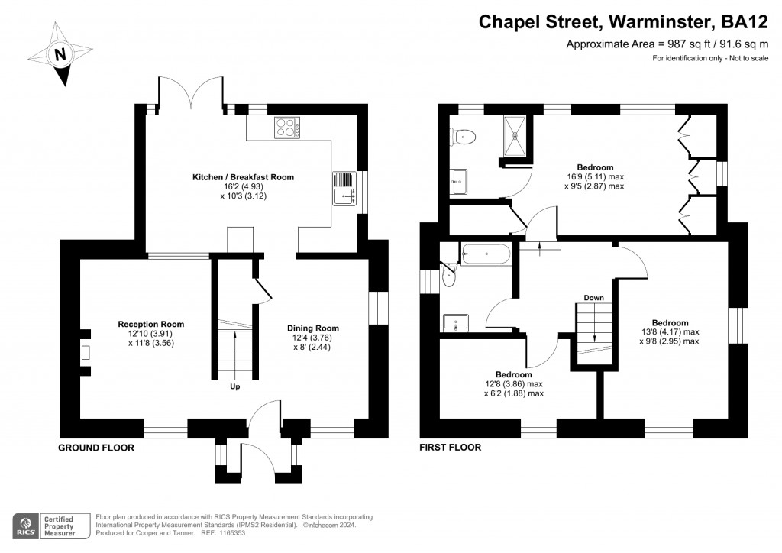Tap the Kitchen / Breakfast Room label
click(243, 177)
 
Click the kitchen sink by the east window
click(344, 188)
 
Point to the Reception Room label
click(151, 324)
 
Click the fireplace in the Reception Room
click(86, 352)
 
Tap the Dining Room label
click(312, 328)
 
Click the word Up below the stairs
click(234, 387)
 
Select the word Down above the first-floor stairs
click(593, 297)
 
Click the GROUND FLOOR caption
click(96, 448)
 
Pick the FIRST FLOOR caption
click(450, 448)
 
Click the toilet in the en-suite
click(464, 137)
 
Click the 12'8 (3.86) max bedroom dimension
click(513, 384)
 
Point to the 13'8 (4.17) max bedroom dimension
click(670, 332)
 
